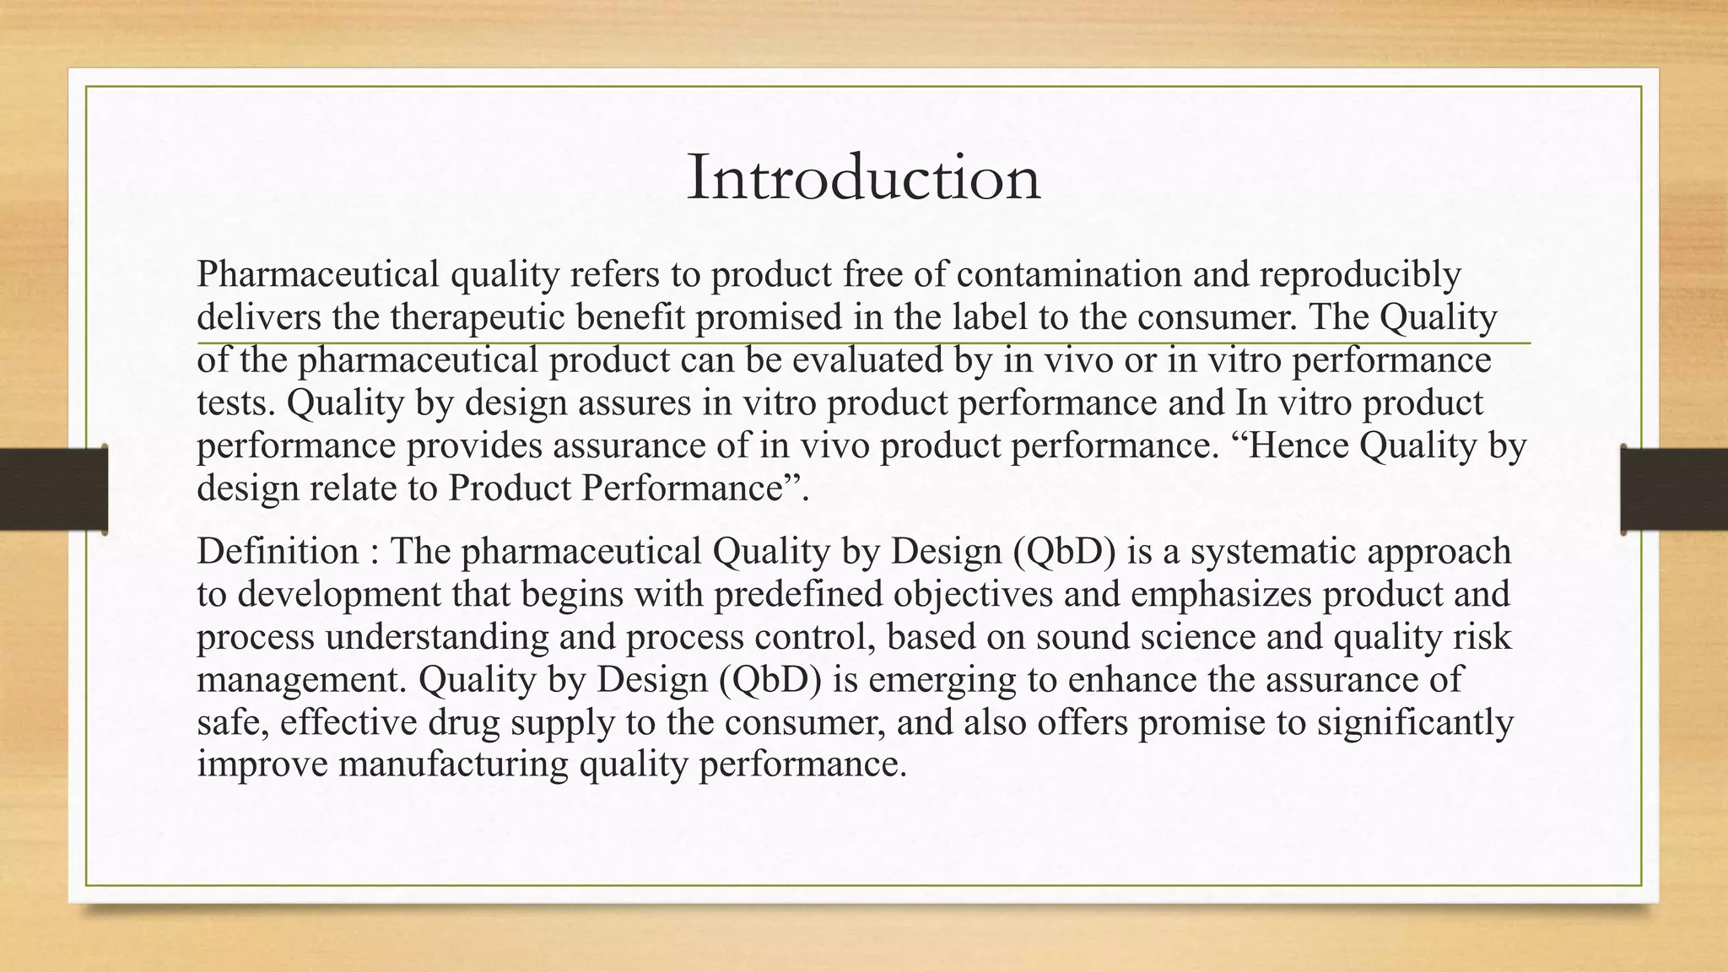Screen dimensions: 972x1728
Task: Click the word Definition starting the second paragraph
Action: pos(278,552)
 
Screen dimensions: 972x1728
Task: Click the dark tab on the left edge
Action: pos(53,489)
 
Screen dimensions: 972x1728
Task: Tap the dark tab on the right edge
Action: pos(1674,489)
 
